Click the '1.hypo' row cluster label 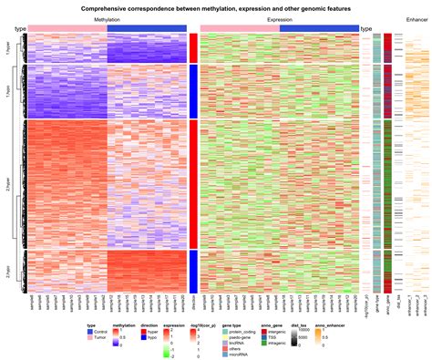point(8,91)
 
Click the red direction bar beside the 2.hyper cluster point(192,183)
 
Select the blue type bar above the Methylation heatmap point(147,29)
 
